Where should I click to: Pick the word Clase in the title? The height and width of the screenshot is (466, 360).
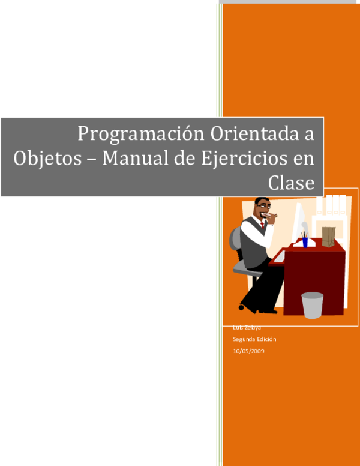tap(292, 182)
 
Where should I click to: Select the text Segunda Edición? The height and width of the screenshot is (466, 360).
tap(254, 339)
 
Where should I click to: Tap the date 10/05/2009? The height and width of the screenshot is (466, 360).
tap(248, 351)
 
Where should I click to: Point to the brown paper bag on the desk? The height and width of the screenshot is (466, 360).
tap(328, 236)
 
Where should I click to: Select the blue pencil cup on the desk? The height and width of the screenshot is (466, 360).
tap(305, 241)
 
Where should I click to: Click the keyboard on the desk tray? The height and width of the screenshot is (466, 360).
tap(280, 257)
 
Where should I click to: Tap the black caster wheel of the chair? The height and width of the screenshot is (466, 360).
tap(241, 307)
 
